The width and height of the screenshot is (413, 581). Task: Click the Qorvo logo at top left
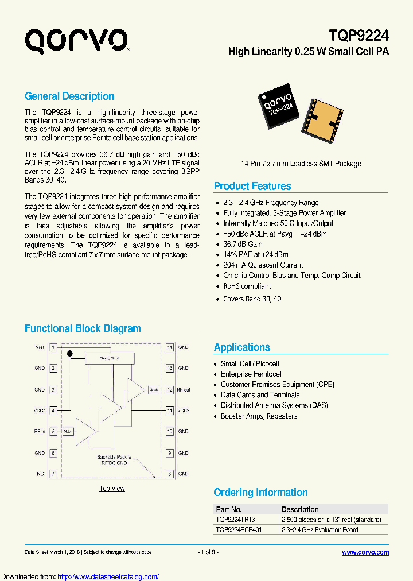76,41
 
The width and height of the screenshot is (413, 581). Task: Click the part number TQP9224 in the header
359,36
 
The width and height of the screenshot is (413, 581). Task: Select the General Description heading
69,96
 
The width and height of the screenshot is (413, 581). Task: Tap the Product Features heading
252,186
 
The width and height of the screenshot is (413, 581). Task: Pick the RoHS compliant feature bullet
247,286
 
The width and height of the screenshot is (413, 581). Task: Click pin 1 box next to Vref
53,347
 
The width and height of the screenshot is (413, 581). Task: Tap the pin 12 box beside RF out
170,389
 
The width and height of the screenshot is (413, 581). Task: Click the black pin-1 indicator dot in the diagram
70,353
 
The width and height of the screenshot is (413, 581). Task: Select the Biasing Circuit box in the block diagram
109,358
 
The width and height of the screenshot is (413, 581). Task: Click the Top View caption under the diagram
112,489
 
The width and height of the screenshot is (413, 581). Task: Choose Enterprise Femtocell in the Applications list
251,374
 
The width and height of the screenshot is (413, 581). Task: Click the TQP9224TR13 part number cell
235,519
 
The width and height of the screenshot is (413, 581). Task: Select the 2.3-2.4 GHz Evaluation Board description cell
320,529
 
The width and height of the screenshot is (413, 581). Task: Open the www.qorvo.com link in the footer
365,552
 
